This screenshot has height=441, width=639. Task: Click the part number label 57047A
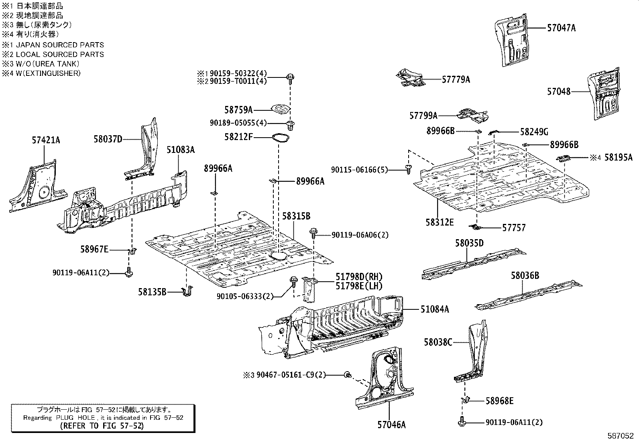coord(561,28)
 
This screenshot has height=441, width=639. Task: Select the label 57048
coord(558,91)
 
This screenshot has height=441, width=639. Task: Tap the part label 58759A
coord(238,110)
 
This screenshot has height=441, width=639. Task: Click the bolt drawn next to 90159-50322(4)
coord(290,77)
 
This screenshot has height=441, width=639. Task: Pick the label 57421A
coord(46,140)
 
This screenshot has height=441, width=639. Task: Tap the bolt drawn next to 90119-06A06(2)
coord(313,233)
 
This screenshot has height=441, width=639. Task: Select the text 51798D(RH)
coord(359,277)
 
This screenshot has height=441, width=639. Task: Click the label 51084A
coord(435,309)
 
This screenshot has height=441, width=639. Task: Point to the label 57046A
coord(391,425)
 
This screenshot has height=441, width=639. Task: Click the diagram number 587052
coord(622,435)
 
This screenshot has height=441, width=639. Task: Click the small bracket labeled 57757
coord(476,228)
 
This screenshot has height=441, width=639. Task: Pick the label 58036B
coord(525,276)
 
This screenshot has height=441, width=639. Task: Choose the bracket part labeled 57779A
coord(410,78)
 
